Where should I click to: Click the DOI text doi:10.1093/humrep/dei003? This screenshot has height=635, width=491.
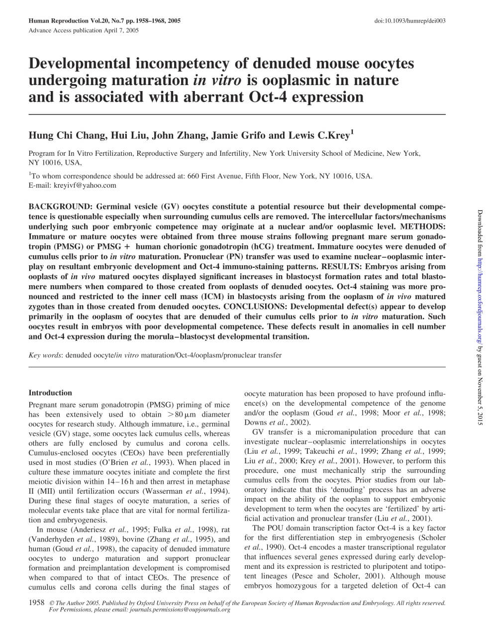pyautogui.click(x=409, y=21)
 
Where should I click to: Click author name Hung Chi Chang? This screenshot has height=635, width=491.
pyautogui.click(x=66, y=136)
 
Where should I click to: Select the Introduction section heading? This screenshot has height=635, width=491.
pyautogui.click(x=50, y=393)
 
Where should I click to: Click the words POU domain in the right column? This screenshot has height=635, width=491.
pyautogui.click(x=292, y=528)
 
